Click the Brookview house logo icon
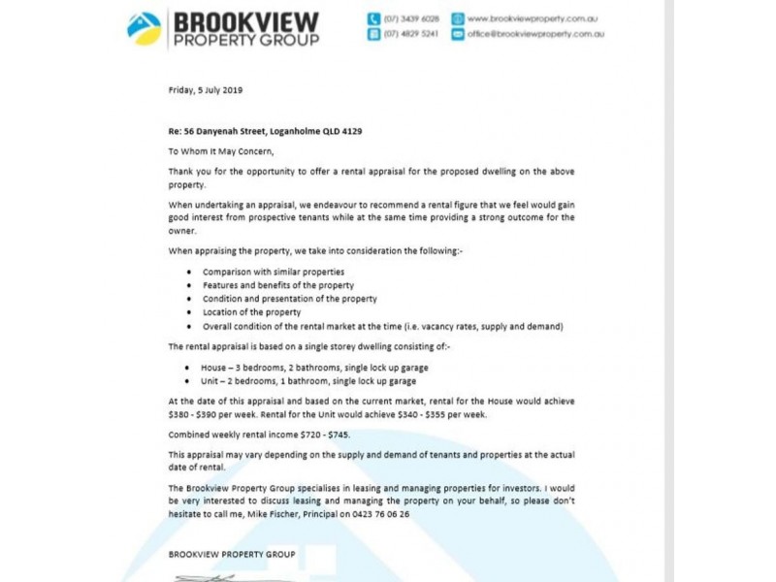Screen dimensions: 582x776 click(x=145, y=27)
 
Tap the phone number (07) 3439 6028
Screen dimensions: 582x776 click(x=411, y=18)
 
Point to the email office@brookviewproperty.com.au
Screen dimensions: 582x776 click(x=535, y=34)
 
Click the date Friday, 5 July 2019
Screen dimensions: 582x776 click(x=206, y=90)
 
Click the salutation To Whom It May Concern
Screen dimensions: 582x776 click(x=221, y=151)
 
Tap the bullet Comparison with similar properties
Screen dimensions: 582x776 click(x=273, y=272)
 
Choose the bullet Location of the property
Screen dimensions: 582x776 click(x=251, y=312)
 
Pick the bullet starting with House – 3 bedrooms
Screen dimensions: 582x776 click(x=314, y=368)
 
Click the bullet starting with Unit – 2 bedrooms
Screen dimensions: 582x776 click(x=307, y=381)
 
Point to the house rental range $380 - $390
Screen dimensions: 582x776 click(x=196, y=414)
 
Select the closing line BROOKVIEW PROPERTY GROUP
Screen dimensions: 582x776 click(x=232, y=555)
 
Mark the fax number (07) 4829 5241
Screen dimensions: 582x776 click(x=411, y=34)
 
